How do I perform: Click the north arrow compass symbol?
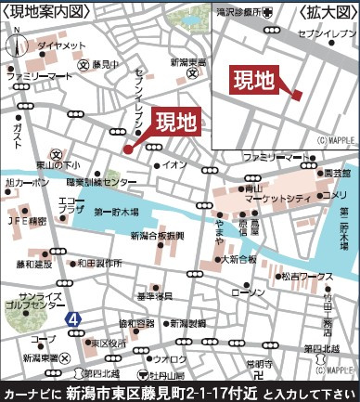17,40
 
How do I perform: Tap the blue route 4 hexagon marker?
72,318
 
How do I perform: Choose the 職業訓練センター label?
101,184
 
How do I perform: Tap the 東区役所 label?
108,342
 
